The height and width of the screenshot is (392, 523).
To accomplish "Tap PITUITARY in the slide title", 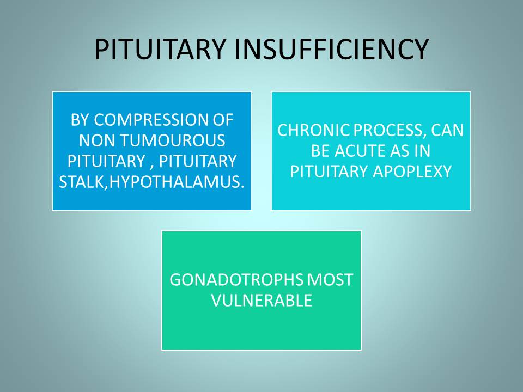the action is [160, 50].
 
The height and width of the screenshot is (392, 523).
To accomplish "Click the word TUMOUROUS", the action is [173, 140].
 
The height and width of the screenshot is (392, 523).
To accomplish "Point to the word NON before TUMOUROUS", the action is [98, 140].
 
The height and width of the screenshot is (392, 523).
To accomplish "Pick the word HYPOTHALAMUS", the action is [177, 182].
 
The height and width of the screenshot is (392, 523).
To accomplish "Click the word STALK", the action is [82, 182].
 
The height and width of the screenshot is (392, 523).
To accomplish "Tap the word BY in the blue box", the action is [81, 120].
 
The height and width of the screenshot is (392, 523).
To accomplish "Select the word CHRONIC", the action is [314, 130].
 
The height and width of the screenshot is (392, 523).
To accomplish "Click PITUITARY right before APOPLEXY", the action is [330, 171].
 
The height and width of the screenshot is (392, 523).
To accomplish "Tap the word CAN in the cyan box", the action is [447, 130].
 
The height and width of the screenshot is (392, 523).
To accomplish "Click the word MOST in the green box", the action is [330, 280].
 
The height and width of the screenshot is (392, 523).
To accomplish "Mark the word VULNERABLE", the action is [261, 301].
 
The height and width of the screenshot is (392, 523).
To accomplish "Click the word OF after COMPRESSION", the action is [222, 120].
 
